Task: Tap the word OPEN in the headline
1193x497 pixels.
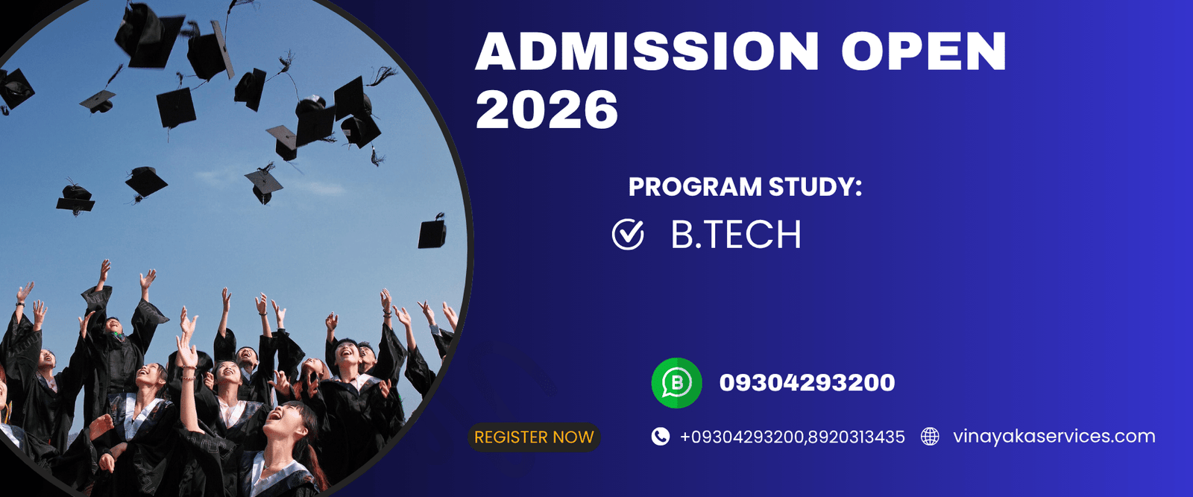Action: (x=924, y=51)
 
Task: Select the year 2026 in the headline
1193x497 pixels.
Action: (x=547, y=110)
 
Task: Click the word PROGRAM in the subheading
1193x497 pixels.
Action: (x=694, y=186)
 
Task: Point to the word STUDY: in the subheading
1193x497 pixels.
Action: (x=815, y=186)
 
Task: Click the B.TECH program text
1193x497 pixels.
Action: (x=736, y=235)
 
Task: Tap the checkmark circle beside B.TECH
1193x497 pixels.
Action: (x=628, y=235)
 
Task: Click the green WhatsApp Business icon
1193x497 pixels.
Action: (x=676, y=383)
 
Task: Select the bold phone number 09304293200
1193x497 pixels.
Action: (x=807, y=383)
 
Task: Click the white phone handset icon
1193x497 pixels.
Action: (x=660, y=437)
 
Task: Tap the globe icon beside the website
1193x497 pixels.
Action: (x=930, y=437)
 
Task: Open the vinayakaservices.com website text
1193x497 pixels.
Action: (x=1054, y=437)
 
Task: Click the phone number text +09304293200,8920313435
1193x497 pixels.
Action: (x=792, y=437)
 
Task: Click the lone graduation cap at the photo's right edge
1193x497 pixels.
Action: (x=432, y=232)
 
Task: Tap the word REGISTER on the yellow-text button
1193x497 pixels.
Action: (x=510, y=437)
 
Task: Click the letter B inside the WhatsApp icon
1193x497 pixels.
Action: (x=677, y=382)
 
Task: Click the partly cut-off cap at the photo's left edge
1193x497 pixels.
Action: (x=13, y=88)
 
